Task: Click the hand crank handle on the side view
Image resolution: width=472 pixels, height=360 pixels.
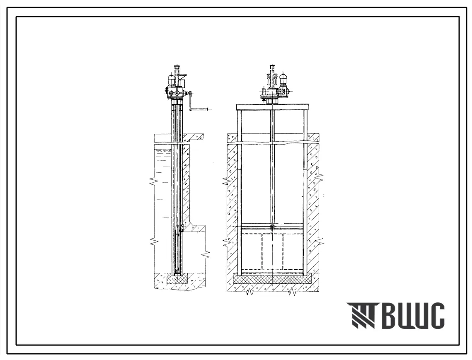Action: point(200,108)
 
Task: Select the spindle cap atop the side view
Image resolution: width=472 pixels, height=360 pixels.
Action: point(177,67)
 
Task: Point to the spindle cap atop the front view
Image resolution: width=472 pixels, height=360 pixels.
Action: point(274,66)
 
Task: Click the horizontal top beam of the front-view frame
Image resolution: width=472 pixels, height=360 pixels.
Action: point(273,107)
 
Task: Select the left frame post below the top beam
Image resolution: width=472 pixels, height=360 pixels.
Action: point(240,193)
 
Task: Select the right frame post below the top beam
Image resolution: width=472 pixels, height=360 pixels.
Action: point(305,193)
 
